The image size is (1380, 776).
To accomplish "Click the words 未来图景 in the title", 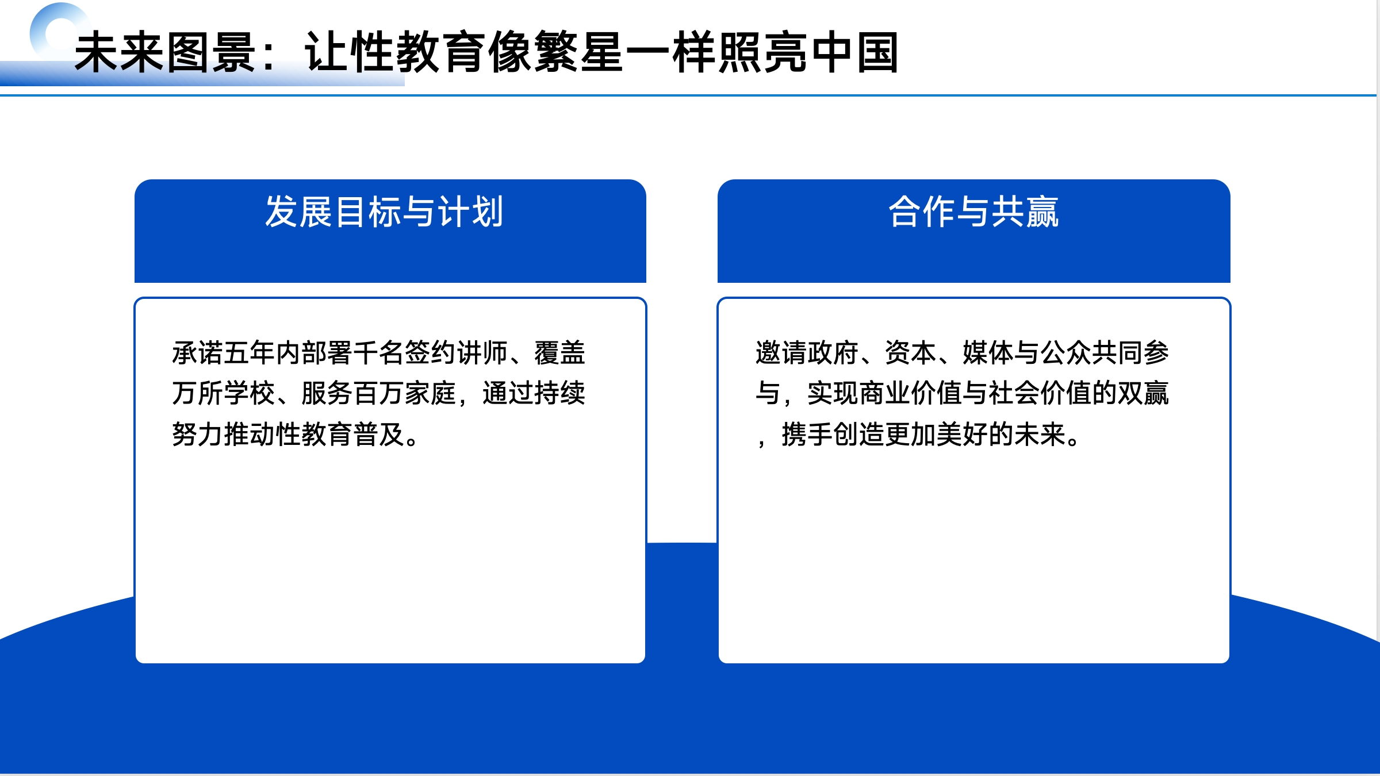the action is [166, 52].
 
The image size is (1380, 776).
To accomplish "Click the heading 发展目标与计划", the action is [385, 212].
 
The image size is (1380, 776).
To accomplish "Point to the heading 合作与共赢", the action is [973, 212].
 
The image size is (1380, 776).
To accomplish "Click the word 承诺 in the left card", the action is [197, 353].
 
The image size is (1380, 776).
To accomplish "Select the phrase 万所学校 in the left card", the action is [223, 394].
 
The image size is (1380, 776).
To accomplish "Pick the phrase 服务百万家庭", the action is [378, 394].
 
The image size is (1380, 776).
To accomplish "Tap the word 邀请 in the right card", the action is [781, 353].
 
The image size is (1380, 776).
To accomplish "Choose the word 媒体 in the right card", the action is [988, 353].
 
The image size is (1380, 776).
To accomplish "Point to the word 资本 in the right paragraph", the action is [910, 353].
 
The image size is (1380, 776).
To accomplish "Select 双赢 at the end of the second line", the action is [1143, 394].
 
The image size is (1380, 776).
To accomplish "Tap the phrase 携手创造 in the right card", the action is [833, 435].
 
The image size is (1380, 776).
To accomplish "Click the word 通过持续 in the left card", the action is [534, 394].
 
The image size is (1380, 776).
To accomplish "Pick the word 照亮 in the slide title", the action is [763, 52].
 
